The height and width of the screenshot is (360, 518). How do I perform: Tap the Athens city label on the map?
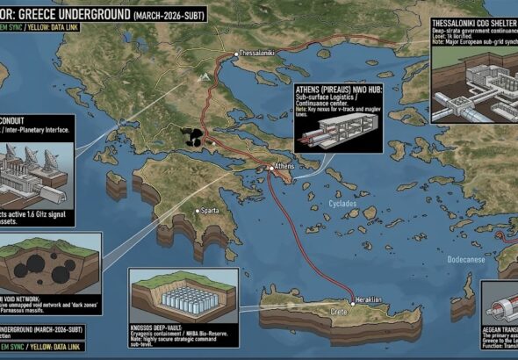point(284,166)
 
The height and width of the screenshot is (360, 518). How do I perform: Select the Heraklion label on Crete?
point(366,300)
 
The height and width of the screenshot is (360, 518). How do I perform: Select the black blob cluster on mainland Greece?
point(191,136)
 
